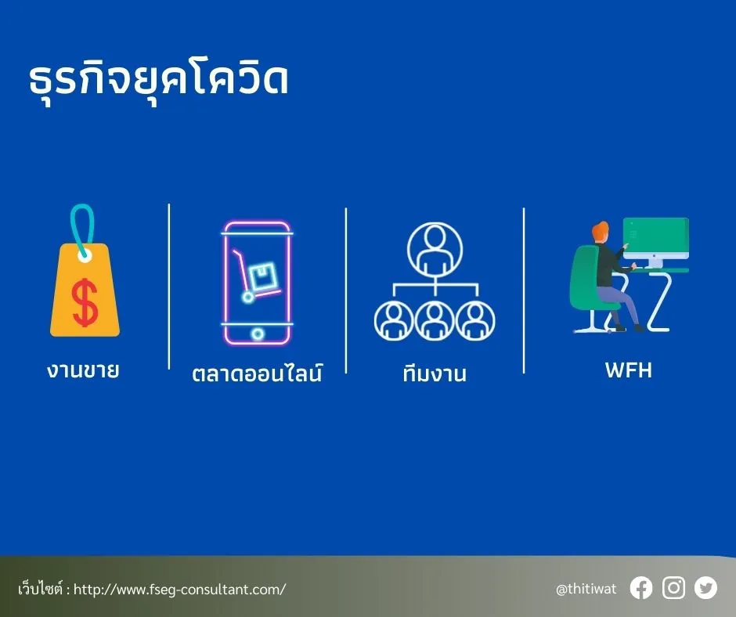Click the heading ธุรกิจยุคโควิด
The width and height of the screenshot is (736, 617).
coord(157,81)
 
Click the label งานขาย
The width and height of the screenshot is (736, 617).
coord(83,370)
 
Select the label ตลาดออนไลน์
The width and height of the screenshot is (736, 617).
coord(257,373)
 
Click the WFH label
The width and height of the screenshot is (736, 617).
coord(628,370)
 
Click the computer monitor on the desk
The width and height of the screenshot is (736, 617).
coord(656,238)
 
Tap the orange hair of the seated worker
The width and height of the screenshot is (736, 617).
coord(600,233)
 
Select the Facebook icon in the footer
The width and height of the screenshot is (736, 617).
coord(640,588)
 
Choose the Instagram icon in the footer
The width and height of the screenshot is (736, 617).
coord(673,588)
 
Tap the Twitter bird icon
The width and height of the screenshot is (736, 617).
coord(705,588)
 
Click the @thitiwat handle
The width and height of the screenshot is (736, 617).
coord(586,589)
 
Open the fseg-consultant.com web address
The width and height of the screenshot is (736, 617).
coord(179,589)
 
